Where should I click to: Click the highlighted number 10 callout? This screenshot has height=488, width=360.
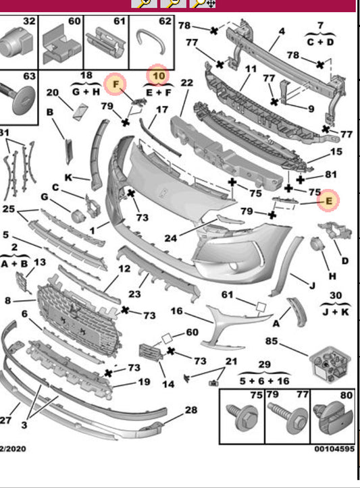(159, 76)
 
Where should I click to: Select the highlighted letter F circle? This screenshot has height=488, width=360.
(116, 84)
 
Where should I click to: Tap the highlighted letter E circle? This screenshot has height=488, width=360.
(328, 200)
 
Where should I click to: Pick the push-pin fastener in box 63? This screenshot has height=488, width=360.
(20, 97)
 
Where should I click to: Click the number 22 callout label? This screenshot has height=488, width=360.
(187, 83)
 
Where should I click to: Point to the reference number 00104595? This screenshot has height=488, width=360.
(334, 449)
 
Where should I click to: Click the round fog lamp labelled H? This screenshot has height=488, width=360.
(318, 244)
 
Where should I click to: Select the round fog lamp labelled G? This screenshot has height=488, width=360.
(77, 216)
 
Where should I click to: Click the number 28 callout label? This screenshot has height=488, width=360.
(191, 410)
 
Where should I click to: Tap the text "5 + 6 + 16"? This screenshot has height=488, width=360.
(264, 381)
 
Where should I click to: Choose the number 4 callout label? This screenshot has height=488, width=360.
(282, 31)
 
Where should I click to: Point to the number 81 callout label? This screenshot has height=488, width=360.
(331, 174)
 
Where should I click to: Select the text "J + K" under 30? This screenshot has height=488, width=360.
(335, 312)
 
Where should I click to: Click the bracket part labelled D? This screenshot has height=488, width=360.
(335, 230)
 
